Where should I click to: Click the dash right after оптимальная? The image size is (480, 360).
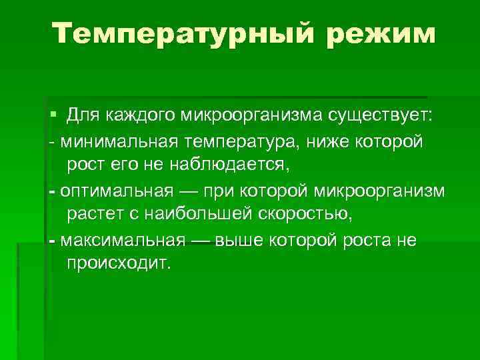click(x=188, y=191)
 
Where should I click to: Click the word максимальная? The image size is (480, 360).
click(x=118, y=239)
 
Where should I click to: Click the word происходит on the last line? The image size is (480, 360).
click(x=119, y=262)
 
